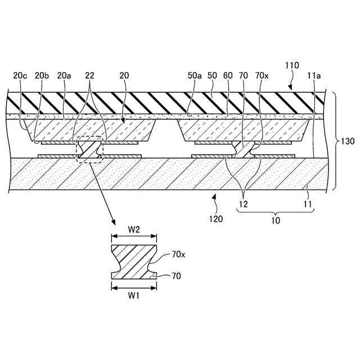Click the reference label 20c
20,75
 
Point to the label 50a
195,75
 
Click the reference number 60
228,75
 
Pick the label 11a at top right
314,75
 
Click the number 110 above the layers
292,65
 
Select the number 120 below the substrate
217,218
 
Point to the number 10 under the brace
276,221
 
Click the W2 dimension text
134,229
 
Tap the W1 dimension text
134,295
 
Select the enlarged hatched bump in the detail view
134,261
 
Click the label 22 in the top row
89,75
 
